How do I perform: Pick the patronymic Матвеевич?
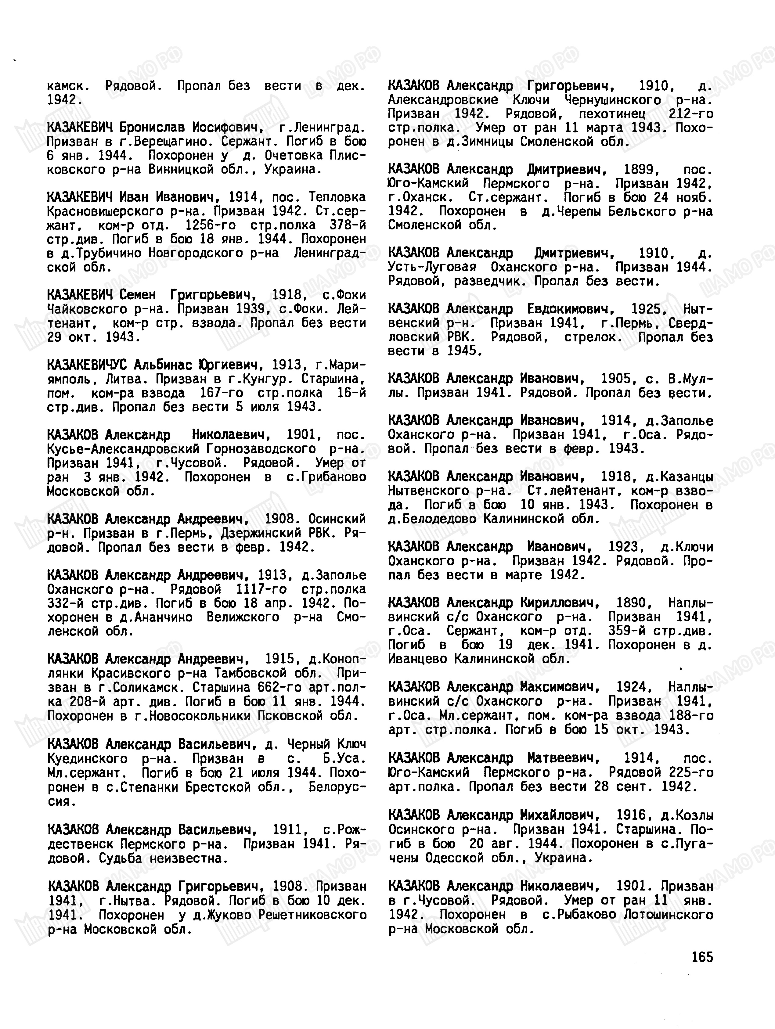click(563, 758)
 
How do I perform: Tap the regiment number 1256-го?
click(210, 225)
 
